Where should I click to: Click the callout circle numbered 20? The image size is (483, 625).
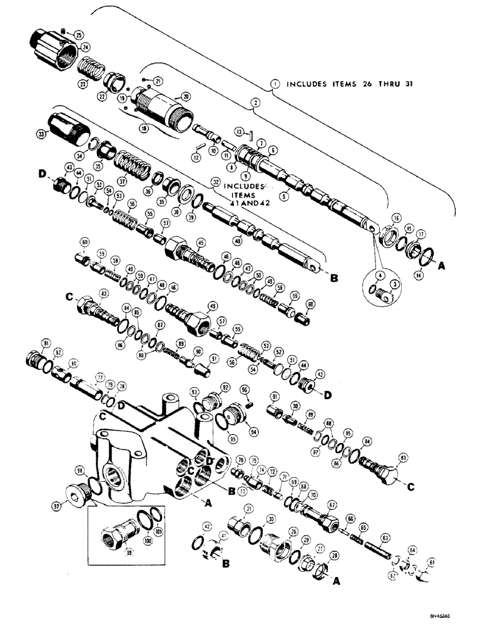coord(185,96)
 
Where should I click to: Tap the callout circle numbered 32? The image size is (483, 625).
coord(216,184)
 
